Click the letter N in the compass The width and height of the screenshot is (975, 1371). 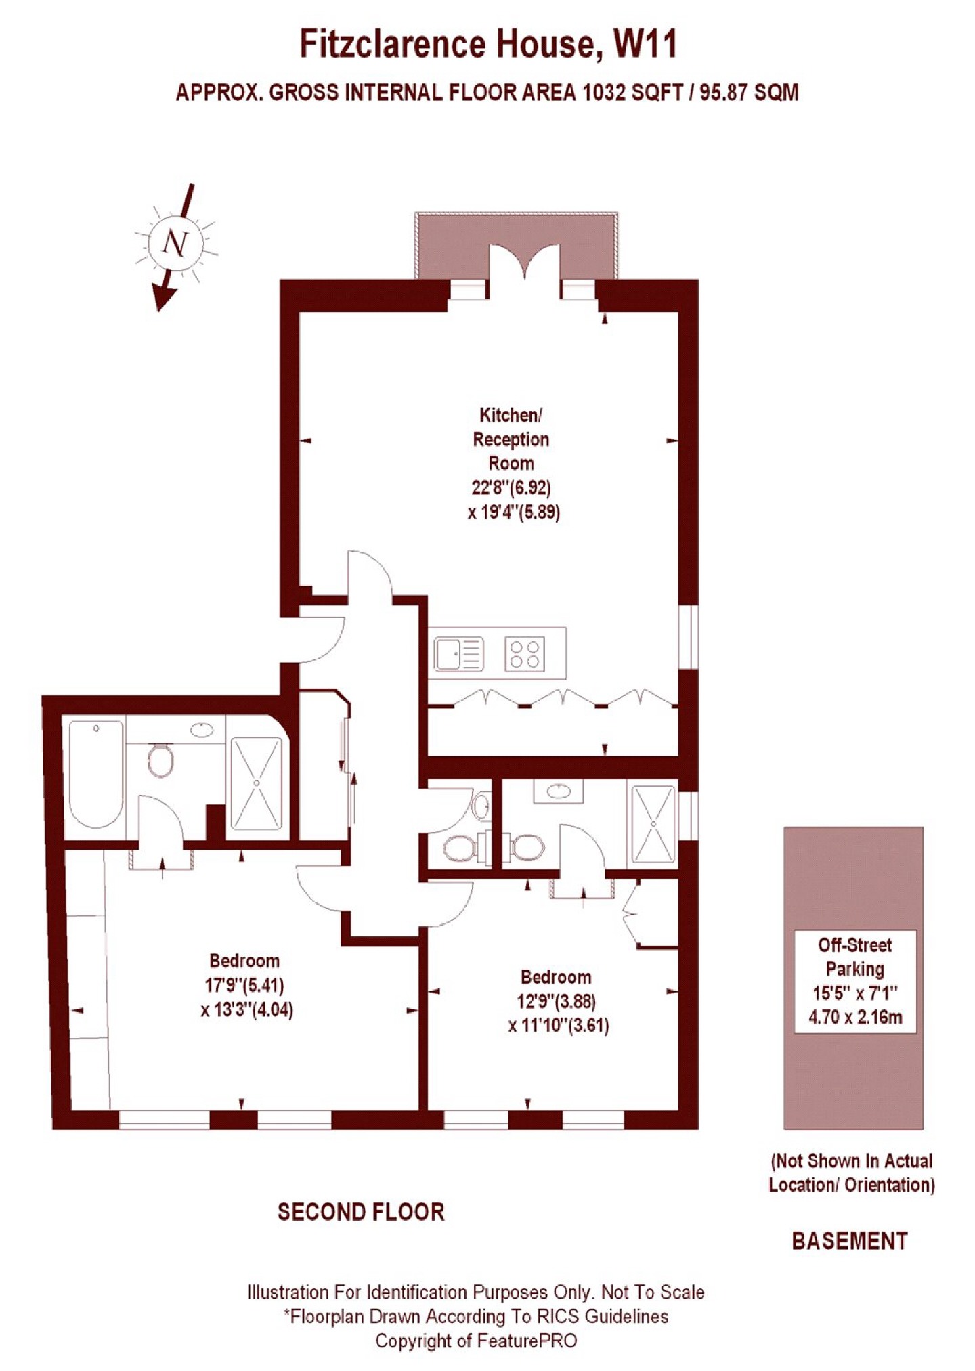(176, 242)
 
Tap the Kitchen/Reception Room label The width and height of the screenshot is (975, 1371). (511, 439)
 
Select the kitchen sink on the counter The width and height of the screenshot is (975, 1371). (458, 655)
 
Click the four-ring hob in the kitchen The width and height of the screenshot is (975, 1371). (525, 655)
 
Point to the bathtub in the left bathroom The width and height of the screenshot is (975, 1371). (96, 774)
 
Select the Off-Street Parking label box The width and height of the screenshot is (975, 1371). (854, 981)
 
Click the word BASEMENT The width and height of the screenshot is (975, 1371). (849, 1241)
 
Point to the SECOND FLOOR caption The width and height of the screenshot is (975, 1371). (361, 1212)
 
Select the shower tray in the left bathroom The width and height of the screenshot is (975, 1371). (257, 783)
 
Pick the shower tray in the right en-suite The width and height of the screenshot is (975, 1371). (653, 824)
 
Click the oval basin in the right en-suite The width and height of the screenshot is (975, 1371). (558, 790)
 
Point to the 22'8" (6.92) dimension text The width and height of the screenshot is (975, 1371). (511, 487)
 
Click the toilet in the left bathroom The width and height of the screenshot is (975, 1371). (160, 761)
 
